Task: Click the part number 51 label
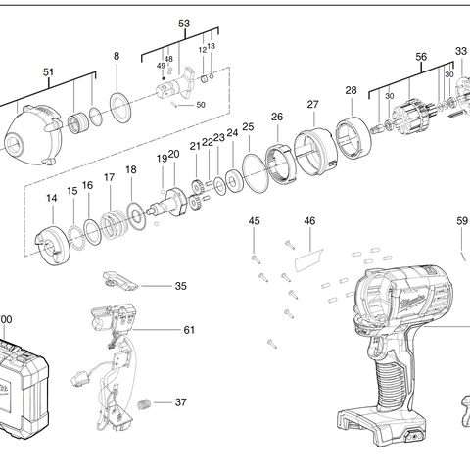tap(49, 70)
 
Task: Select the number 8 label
tap(117, 57)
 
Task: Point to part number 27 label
tap(313, 105)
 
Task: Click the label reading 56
tap(421, 57)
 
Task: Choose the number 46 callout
tap(309, 222)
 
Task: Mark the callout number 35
tap(180, 286)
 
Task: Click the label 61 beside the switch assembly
tap(189, 330)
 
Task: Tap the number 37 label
tap(180, 402)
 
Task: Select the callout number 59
tap(462, 222)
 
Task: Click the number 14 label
tap(52, 199)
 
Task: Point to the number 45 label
tap(254, 222)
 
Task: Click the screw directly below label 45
tap(255, 258)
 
